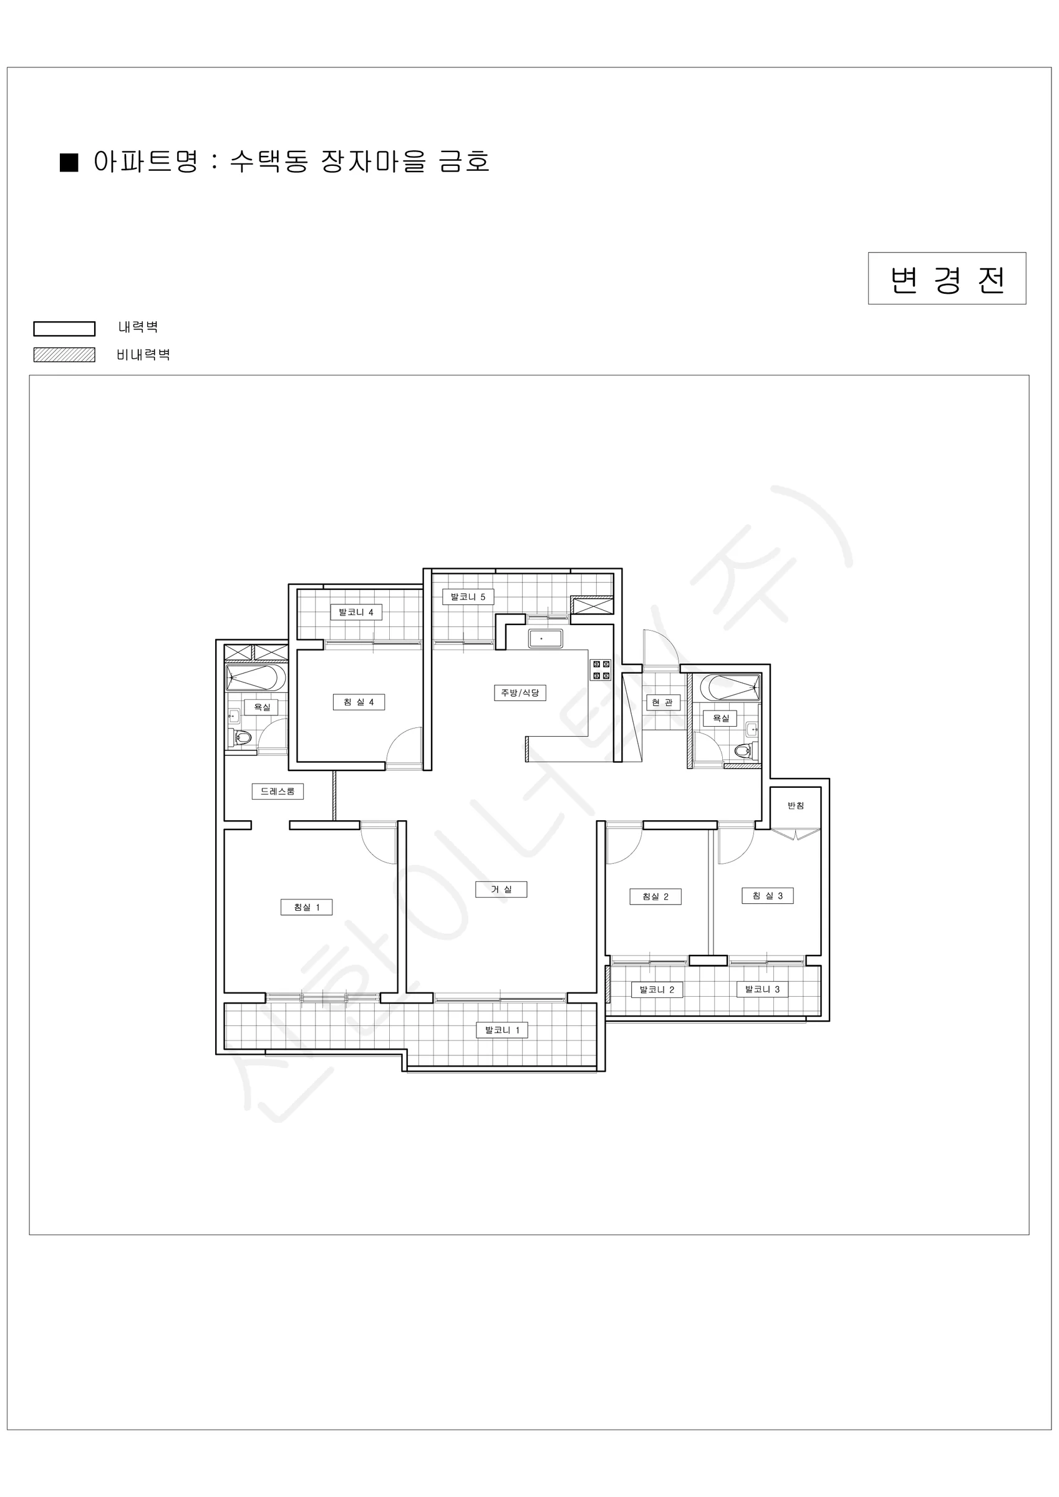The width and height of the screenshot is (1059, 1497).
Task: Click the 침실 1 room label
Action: pos(306,907)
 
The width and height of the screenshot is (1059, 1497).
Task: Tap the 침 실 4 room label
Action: pos(359,702)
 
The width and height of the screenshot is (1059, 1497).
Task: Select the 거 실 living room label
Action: pos(501,889)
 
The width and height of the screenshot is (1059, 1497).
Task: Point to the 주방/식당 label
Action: pos(520,692)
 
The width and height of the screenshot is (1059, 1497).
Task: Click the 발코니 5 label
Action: pos(468,596)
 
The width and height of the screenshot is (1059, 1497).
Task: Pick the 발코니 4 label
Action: pos(356,613)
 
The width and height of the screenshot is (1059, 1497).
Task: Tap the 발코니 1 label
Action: pos(502,1030)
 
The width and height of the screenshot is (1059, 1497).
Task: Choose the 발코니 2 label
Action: pos(657,989)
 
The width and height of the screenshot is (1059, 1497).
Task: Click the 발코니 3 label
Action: pos(762,989)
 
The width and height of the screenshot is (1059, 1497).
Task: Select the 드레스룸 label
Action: pos(278,792)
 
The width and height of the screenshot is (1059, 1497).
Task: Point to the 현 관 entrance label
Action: pos(662,702)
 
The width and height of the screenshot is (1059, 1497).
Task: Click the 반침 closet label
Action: pos(796,806)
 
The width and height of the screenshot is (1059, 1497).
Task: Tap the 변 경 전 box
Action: pos(947,278)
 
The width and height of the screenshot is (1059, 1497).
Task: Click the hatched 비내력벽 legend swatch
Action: pos(65,355)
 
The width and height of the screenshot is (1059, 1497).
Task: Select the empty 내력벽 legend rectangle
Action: pos(65,329)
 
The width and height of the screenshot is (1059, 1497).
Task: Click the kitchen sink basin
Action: pos(546,638)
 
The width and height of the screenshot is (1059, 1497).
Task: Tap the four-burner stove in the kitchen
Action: pos(601,671)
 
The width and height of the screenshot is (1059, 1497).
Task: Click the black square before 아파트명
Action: pos(69,162)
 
